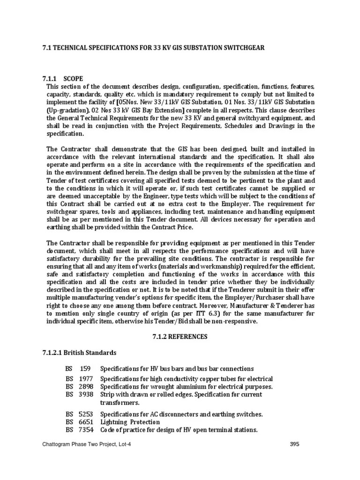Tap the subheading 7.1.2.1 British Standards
tap(83, 352)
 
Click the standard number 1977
tap(87, 379)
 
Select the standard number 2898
tap(87, 387)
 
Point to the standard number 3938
tap(87, 395)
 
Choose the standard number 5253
tap(87, 414)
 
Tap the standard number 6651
tap(87, 422)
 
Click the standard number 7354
tap(87, 430)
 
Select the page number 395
tap(294, 444)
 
